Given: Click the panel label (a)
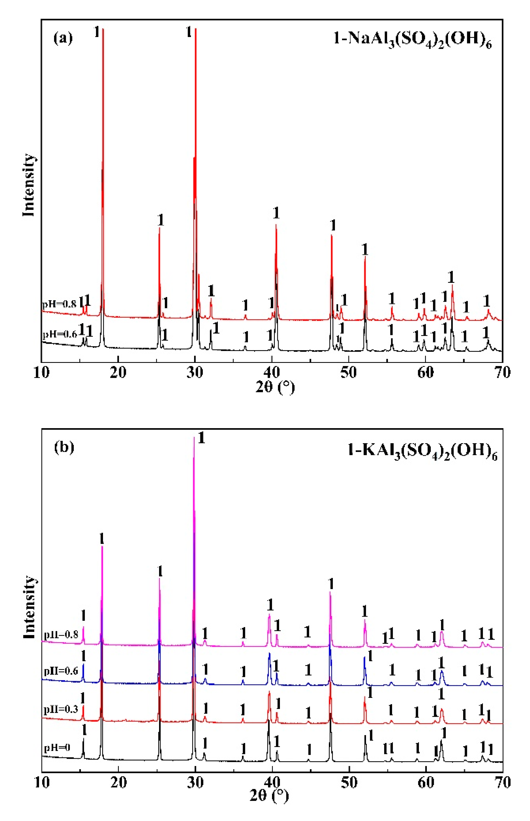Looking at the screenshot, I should coord(63,38).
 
